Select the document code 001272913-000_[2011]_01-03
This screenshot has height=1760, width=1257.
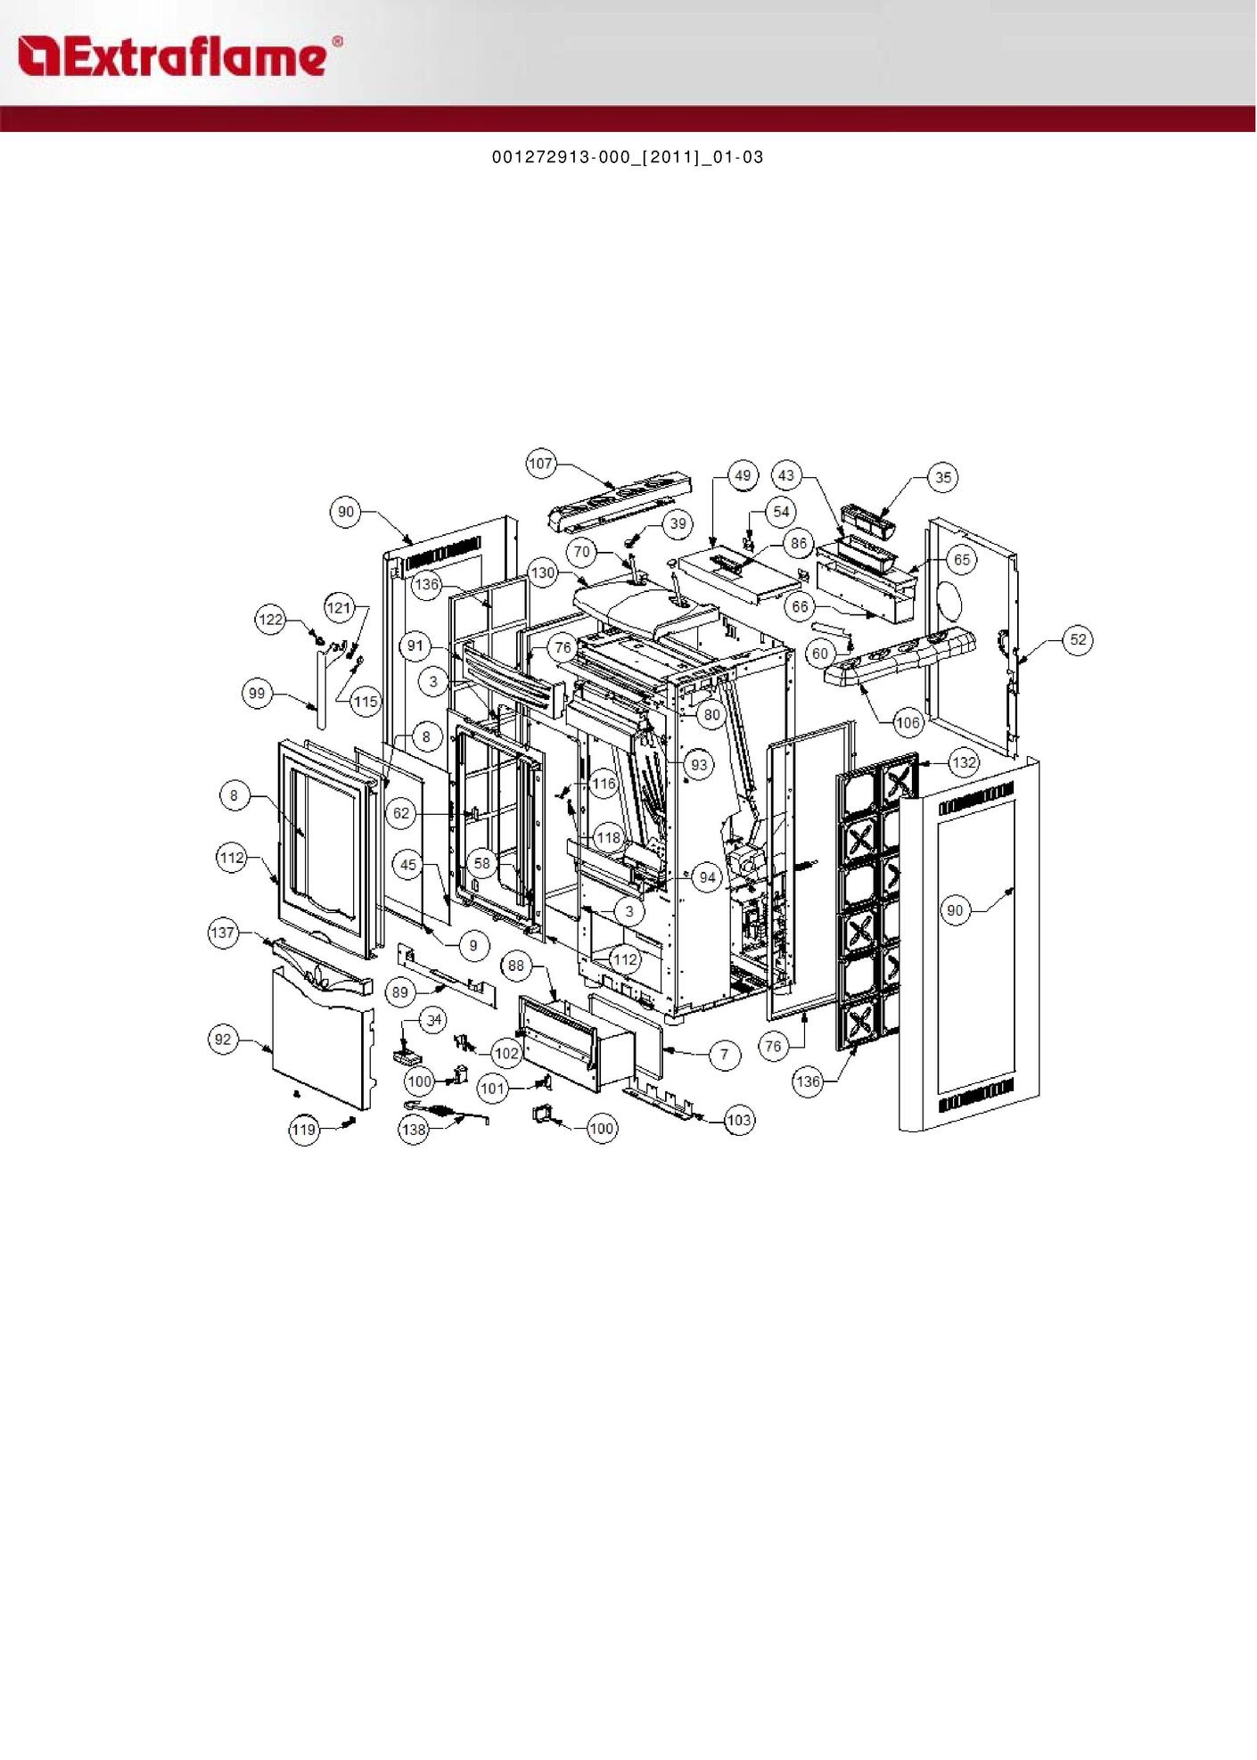coord(628,157)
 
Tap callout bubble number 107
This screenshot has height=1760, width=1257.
coord(541,464)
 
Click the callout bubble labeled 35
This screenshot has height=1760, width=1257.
coord(943,477)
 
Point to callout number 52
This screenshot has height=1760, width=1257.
coord(1079,639)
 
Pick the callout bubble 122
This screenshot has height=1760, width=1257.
coord(270,619)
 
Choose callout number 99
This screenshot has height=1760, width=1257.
coord(257,694)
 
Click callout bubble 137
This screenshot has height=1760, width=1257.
coord(222,933)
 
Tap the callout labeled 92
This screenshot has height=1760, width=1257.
coord(223,1039)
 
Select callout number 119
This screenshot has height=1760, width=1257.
coord(304,1130)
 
